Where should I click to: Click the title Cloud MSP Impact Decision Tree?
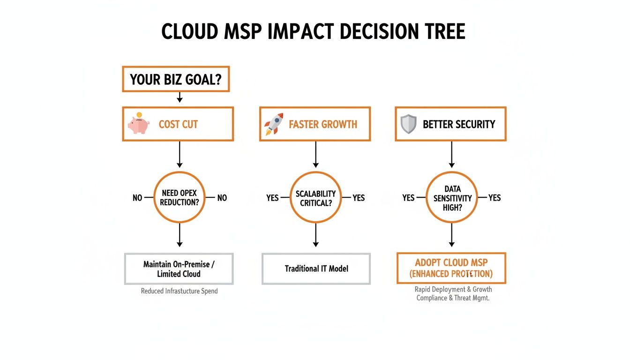[313, 31]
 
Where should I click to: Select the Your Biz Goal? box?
[176, 79]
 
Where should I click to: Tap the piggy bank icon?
[138, 123]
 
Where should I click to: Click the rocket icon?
[274, 124]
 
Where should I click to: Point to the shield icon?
[409, 124]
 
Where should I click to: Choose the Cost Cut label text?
[178, 124]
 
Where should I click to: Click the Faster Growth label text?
[323, 124]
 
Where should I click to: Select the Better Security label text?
[459, 124]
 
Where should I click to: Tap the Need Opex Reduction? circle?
[179, 197]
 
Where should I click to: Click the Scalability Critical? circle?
[315, 197]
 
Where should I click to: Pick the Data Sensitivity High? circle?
[452, 197]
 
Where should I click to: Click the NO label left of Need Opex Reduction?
[137, 198]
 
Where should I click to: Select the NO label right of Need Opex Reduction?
[222, 198]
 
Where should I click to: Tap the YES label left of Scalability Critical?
[272, 198]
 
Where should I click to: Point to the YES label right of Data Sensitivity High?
[495, 198]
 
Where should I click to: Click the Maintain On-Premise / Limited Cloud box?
[179, 269]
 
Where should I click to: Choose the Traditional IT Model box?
[316, 269]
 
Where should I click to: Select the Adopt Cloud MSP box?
[451, 268]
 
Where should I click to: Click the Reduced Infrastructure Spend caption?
[179, 291]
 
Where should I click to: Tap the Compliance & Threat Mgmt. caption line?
[453, 298]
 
